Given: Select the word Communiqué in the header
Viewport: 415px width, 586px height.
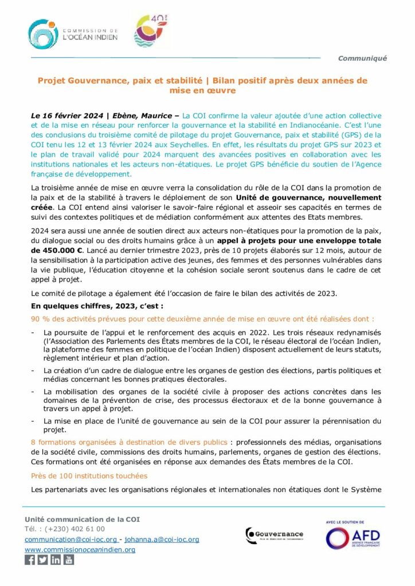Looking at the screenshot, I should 362,58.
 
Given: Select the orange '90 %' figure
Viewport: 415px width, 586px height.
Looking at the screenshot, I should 41,319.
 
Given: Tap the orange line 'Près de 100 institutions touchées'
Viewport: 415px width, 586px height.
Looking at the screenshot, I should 89,476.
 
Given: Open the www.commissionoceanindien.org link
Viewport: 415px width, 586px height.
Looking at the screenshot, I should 80,549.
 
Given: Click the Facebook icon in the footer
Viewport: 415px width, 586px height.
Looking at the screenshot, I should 30,560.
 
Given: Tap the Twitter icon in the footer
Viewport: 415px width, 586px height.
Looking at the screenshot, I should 42,560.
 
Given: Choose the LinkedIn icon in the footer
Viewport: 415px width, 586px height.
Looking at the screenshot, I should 56,560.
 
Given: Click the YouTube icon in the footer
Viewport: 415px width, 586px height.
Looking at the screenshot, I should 68,560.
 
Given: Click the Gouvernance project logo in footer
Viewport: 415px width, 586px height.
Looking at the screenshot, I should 274,536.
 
